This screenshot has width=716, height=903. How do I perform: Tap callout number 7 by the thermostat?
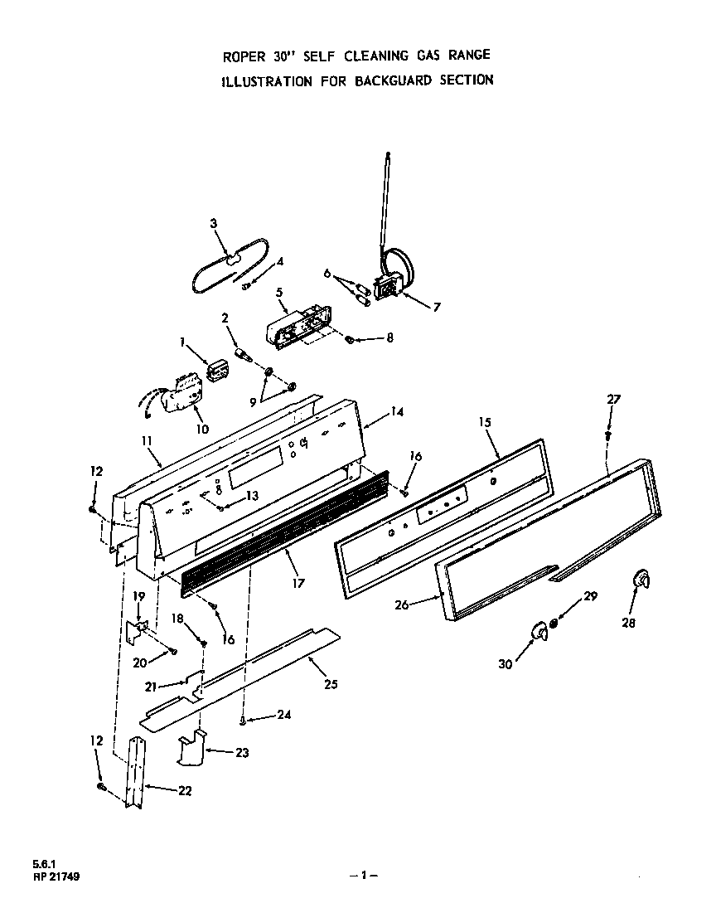click(x=437, y=307)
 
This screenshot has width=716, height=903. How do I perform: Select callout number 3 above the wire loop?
click(x=213, y=223)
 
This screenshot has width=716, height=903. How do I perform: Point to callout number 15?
click(x=485, y=422)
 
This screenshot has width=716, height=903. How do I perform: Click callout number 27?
click(x=613, y=399)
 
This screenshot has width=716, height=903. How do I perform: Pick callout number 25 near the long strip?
click(x=331, y=684)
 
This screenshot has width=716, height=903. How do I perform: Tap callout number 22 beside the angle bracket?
click(x=184, y=790)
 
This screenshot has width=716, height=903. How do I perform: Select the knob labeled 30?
click(x=539, y=634)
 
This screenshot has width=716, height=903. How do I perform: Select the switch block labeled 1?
click(x=217, y=370)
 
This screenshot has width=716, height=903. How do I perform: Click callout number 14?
click(x=397, y=410)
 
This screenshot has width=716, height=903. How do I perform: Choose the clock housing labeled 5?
click(x=294, y=327)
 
